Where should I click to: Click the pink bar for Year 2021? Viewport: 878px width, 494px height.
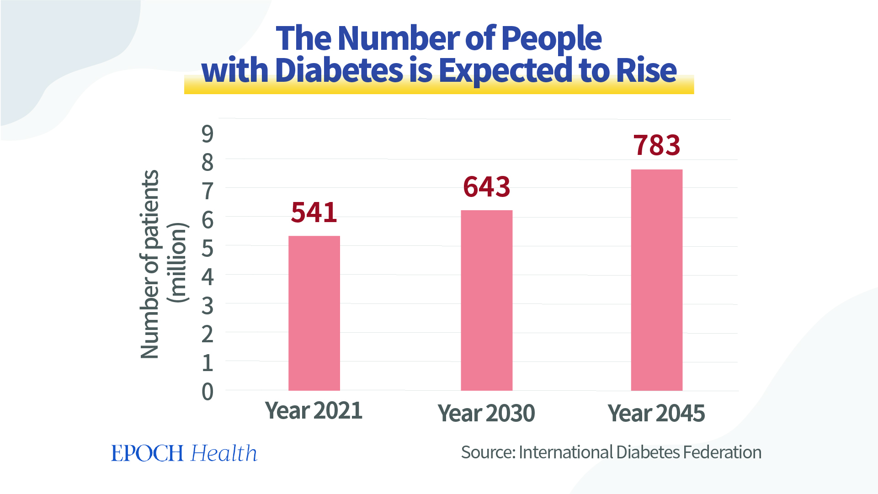click(314, 313)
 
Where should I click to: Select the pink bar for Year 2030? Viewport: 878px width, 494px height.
click(486, 300)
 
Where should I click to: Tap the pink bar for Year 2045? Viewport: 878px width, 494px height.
click(656, 280)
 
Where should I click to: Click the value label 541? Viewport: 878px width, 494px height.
click(314, 212)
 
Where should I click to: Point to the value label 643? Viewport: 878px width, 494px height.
click(486, 187)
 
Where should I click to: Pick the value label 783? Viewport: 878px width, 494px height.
click(656, 145)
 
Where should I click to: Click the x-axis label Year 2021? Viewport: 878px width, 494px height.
click(314, 410)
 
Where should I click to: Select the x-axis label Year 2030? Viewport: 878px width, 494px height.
click(486, 413)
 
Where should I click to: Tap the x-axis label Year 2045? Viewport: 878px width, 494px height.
click(656, 413)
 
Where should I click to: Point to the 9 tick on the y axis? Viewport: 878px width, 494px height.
click(208, 134)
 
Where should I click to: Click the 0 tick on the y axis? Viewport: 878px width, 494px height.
click(208, 392)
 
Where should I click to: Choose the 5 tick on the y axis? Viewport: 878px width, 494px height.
click(208, 249)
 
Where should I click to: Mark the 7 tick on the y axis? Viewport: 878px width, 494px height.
click(208, 191)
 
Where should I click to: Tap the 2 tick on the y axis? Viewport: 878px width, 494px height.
click(208, 335)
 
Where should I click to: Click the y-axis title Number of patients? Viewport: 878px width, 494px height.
click(149, 264)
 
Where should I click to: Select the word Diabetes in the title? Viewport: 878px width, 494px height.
click(339, 71)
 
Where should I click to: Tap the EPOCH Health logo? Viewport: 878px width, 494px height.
click(184, 453)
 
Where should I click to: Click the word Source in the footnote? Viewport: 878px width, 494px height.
click(487, 452)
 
